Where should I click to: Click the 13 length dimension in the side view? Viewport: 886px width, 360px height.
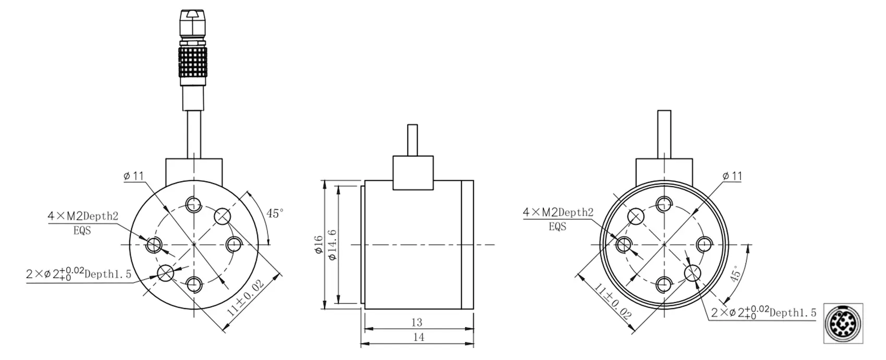(417, 322)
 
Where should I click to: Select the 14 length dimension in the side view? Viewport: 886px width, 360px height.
(419, 337)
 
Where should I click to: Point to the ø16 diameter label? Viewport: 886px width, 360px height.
(319, 245)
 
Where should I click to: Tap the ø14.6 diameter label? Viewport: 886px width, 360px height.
(333, 245)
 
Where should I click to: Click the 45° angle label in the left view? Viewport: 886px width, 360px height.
(275, 213)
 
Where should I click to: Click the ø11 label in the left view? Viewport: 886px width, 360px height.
(134, 176)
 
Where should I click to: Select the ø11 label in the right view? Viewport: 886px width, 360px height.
(732, 176)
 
